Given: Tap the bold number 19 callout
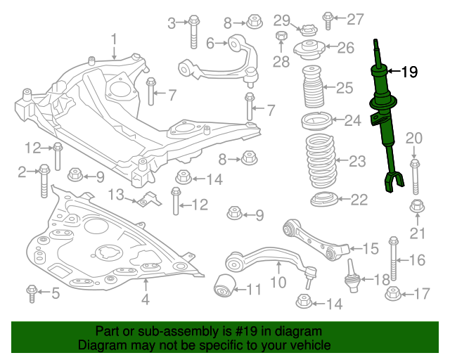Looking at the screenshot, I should pyautogui.click(x=409, y=71).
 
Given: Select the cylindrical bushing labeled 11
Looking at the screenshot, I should pyautogui.click(x=224, y=286).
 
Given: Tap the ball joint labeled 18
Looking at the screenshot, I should pyautogui.click(x=352, y=278).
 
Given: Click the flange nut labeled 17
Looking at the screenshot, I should pyautogui.click(x=392, y=293).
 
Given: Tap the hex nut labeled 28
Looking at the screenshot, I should pyautogui.click(x=281, y=37).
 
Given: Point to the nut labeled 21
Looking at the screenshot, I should pyautogui.click(x=416, y=207).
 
